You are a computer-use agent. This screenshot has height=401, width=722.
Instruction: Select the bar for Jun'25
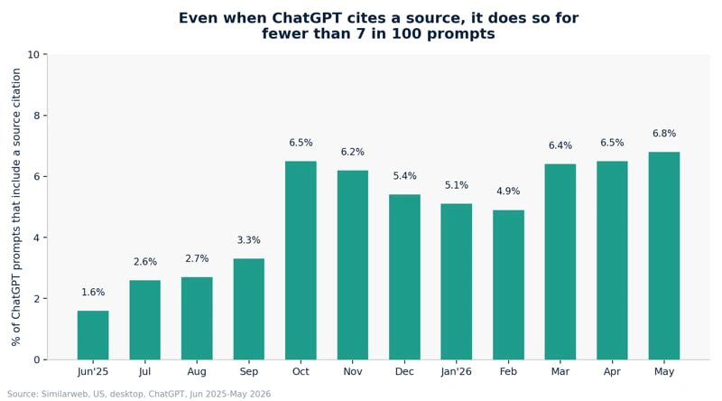click(93, 335)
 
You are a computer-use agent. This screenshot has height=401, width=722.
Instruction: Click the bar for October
click(301, 260)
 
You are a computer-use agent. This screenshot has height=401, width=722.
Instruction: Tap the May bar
click(664, 256)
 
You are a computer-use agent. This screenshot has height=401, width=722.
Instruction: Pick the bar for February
click(508, 284)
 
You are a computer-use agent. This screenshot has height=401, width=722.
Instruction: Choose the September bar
click(249, 309)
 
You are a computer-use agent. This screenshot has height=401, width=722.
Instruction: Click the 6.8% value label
click(664, 134)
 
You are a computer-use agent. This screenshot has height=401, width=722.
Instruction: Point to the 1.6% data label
click(93, 293)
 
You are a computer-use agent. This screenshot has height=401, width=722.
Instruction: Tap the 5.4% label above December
click(404, 176)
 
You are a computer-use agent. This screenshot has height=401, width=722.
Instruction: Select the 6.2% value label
click(353, 152)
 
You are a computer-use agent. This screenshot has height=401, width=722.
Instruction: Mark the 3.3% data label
click(249, 240)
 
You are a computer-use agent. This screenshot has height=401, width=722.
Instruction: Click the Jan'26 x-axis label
click(457, 371)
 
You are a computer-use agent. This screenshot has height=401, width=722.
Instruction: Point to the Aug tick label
click(197, 372)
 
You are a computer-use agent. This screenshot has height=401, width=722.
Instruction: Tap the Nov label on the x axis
click(353, 371)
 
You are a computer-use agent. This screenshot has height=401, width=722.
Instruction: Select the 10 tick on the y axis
click(33, 55)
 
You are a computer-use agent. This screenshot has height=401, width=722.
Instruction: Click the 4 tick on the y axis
click(37, 238)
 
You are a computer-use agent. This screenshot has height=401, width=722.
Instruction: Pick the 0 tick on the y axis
click(37, 360)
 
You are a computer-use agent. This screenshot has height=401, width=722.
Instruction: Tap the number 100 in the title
click(403, 33)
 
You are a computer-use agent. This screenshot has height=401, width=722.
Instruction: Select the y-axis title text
click(16, 207)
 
